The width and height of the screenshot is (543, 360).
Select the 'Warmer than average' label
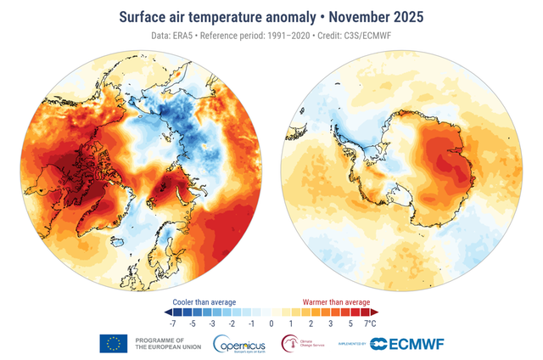337,301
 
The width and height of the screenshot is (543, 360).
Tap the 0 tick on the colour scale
271,324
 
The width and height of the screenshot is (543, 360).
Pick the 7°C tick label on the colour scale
370,324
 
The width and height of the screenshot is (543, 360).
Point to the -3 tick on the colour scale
212,324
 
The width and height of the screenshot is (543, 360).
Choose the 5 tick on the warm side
350,324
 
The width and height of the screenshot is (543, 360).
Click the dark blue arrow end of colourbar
166,312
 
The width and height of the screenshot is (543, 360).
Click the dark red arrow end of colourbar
375,312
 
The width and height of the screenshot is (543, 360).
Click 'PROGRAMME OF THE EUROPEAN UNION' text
159,343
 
